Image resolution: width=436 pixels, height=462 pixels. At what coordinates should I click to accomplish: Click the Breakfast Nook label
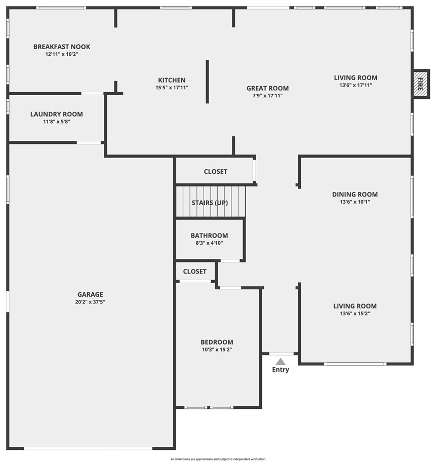(62, 47)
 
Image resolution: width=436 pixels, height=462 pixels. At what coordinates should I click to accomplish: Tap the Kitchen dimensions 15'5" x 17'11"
(172, 88)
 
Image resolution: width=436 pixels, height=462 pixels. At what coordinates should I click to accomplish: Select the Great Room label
(267, 88)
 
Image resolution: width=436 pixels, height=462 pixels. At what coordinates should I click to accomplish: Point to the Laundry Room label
(57, 114)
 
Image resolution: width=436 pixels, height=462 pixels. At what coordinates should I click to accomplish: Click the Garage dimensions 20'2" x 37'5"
(90, 302)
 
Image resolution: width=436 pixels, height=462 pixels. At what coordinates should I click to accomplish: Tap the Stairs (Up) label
(210, 203)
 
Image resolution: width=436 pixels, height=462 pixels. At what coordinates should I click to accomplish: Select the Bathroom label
(209, 236)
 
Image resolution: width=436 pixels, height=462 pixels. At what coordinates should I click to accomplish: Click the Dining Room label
(354, 195)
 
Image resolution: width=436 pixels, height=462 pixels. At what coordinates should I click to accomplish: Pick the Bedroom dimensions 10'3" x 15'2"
(217, 350)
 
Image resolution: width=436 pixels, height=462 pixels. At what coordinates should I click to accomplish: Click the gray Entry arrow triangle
(281, 362)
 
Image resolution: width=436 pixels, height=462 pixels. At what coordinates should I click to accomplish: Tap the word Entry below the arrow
(281, 369)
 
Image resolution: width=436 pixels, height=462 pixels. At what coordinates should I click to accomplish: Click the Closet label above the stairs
(215, 172)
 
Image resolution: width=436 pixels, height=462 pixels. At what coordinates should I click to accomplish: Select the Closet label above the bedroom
(194, 272)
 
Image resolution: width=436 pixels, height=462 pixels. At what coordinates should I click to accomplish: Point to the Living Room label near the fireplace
(355, 78)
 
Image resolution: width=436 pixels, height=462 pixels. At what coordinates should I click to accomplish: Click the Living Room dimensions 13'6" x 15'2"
(354, 314)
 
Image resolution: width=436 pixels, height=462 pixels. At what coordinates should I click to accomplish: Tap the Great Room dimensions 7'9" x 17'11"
(267, 96)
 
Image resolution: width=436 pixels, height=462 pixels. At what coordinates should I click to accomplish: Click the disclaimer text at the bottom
(218, 459)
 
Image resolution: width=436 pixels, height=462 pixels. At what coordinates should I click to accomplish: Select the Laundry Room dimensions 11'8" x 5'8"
(57, 122)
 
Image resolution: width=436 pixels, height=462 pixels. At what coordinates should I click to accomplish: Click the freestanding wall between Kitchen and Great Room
(207, 82)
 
